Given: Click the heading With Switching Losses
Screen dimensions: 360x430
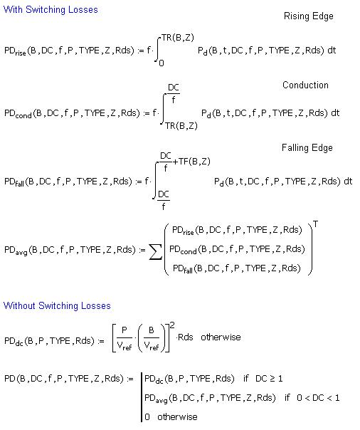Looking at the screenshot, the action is pyautogui.click(x=51, y=10).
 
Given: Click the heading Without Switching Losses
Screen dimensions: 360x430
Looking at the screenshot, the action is pyautogui.click(x=57, y=306).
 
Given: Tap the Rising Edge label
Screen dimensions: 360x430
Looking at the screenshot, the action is pyautogui.click(x=309, y=16).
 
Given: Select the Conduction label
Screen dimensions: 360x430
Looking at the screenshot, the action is pyautogui.click(x=305, y=85).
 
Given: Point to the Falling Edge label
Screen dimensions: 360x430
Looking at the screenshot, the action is pyautogui.click(x=307, y=148).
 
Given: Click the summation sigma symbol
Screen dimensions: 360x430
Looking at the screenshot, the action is pyautogui.click(x=155, y=252).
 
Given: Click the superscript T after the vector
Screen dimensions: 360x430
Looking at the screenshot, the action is pyautogui.click(x=316, y=224).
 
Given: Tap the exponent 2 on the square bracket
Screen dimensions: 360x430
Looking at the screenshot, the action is pyautogui.click(x=172, y=325).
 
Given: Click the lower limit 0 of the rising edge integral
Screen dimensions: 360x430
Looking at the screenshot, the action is pyautogui.click(x=162, y=63).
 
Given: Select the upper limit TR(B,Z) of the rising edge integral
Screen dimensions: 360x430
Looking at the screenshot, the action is pyautogui.click(x=178, y=38).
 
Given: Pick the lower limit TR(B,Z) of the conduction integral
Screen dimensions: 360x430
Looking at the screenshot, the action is pyautogui.click(x=181, y=126).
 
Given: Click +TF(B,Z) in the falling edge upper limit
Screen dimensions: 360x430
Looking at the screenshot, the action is pyautogui.click(x=191, y=162).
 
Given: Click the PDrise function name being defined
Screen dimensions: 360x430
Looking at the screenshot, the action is pyautogui.click(x=15, y=51).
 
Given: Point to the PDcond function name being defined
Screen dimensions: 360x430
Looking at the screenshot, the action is pyautogui.click(x=18, y=113).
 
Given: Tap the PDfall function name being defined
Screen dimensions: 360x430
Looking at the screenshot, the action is pyautogui.click(x=14, y=182).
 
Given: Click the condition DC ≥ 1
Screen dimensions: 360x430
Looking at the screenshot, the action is pyautogui.click(x=269, y=379).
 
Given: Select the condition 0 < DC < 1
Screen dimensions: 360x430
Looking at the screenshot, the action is pyautogui.click(x=318, y=398).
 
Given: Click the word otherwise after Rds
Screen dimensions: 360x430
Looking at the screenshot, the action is pyautogui.click(x=221, y=337).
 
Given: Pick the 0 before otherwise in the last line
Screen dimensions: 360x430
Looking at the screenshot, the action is pyautogui.click(x=147, y=417).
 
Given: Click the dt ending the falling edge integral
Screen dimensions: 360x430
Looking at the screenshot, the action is pyautogui.click(x=348, y=182).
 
